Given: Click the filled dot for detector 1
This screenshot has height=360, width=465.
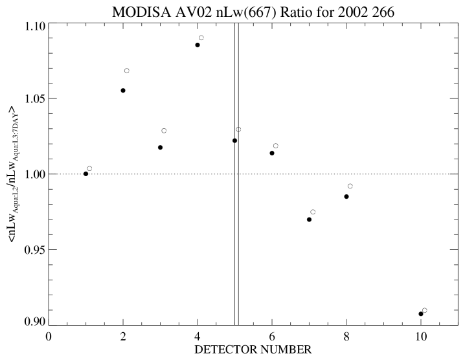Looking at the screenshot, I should click(85, 174).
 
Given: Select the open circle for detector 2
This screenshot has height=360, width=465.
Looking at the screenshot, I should click(127, 71).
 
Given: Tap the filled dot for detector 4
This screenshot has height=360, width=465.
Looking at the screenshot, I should click(198, 45).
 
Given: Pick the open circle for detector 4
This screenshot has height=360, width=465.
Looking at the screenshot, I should click(201, 38).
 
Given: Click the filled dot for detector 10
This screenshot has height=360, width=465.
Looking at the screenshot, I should click(421, 314).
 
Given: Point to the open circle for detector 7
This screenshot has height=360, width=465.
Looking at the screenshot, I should click(313, 212).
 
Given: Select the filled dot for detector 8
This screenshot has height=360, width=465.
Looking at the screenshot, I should click(346, 196).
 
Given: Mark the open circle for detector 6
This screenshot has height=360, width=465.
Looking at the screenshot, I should click(276, 146).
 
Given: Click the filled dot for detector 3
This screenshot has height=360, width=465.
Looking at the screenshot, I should click(160, 148).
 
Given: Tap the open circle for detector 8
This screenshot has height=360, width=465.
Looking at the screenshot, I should click(350, 186).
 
